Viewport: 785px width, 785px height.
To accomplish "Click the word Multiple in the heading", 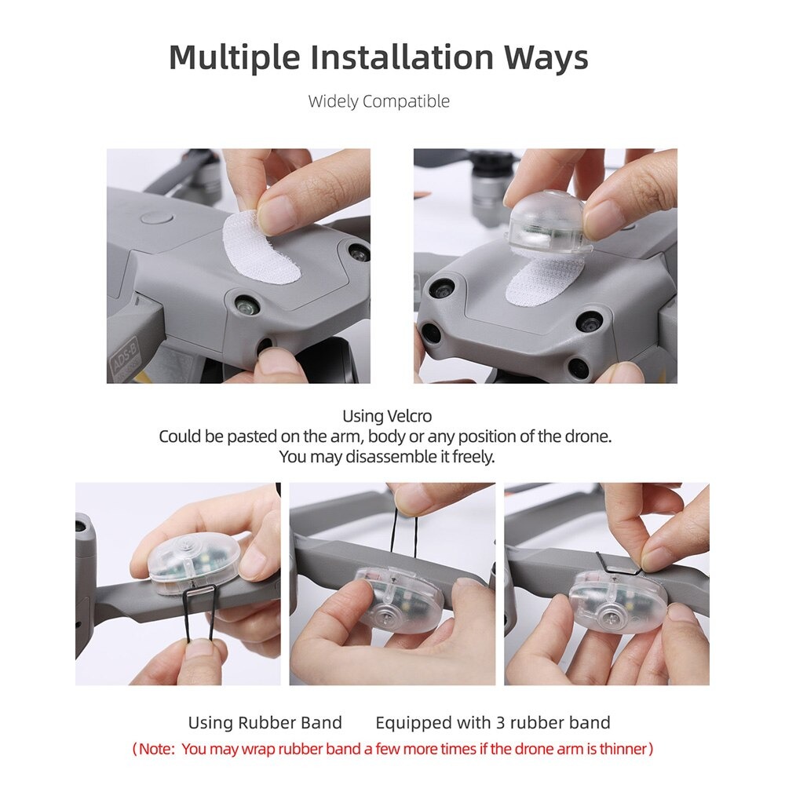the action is [x=234, y=58].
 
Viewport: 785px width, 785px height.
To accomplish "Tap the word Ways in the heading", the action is [x=546, y=57].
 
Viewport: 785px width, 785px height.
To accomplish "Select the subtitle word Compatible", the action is [x=407, y=101].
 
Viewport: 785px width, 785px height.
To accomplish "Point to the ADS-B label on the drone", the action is [x=124, y=353].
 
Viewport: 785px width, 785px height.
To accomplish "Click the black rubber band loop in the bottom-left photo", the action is [x=199, y=615].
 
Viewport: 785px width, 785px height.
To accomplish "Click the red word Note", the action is [x=156, y=750].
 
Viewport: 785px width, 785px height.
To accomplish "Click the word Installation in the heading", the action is [x=402, y=57].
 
